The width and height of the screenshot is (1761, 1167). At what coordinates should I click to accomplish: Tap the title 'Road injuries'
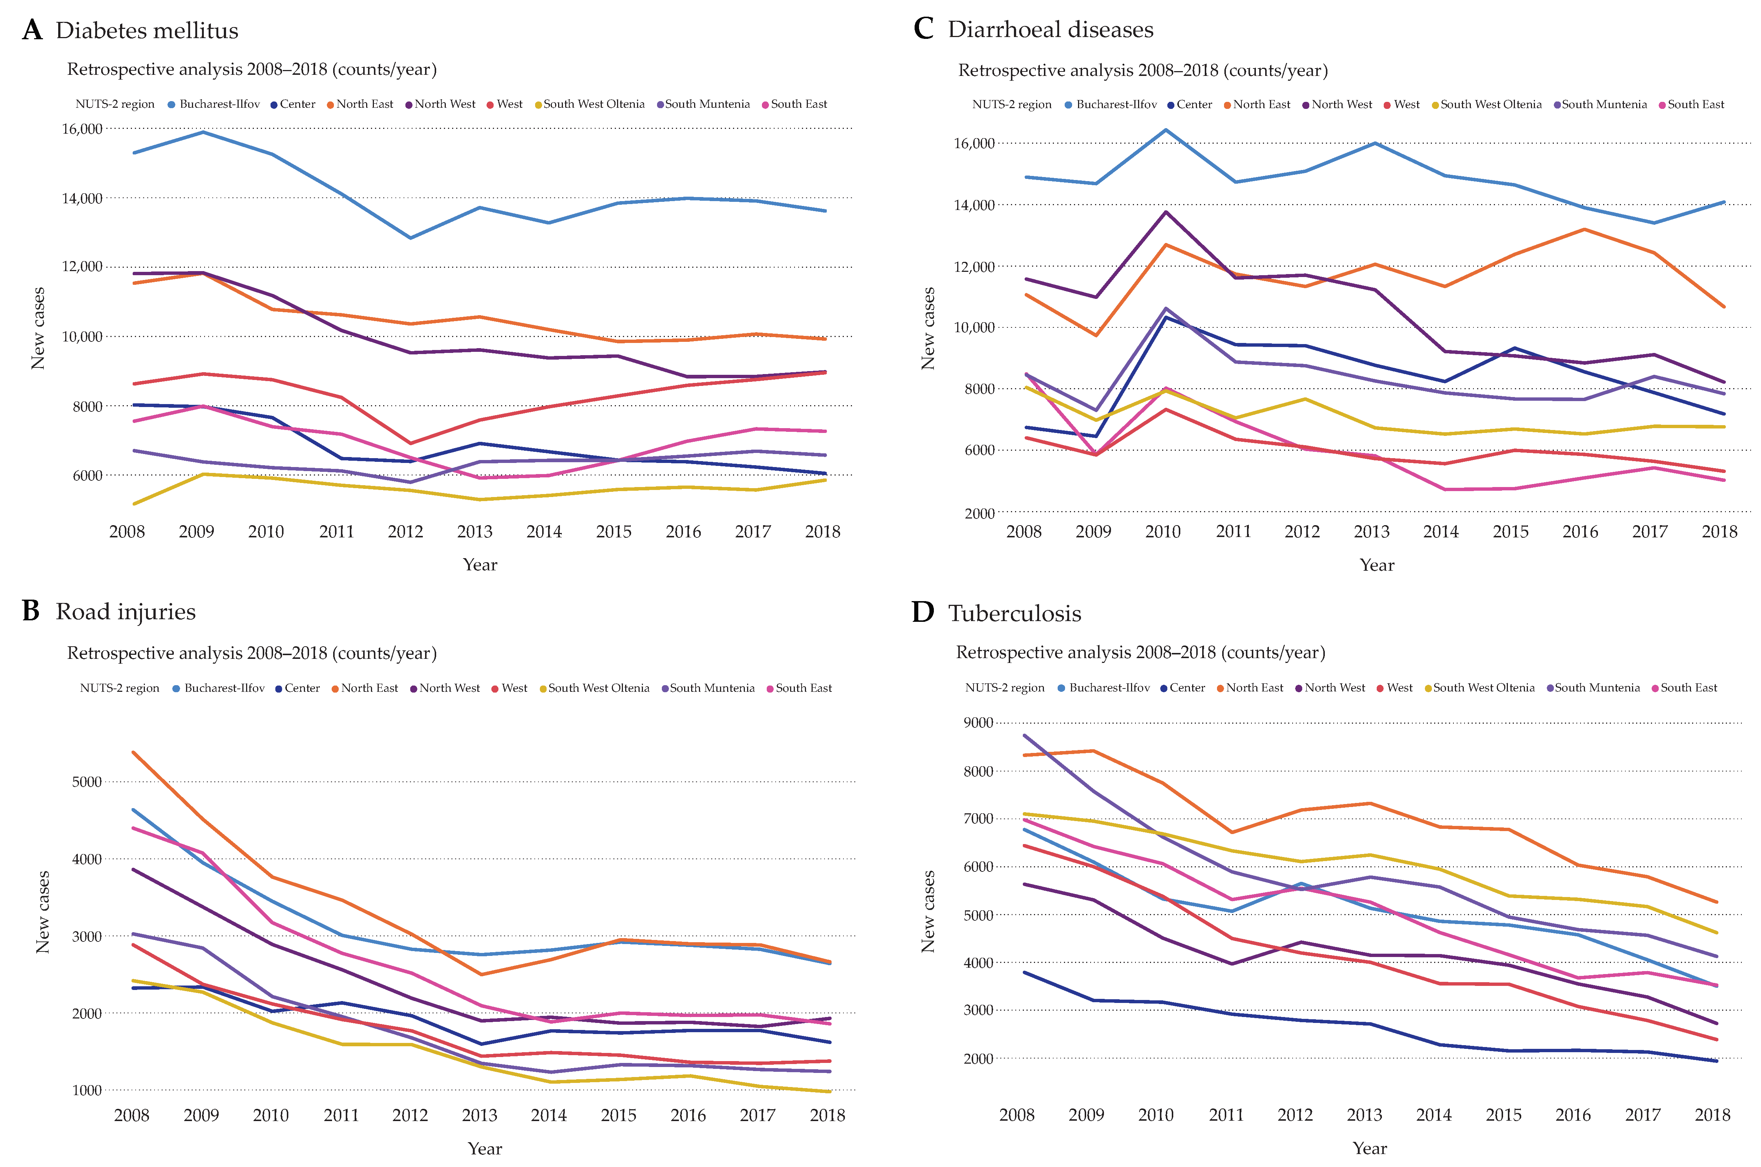coord(126,612)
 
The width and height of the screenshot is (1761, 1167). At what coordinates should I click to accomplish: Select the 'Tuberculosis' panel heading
coord(1014,613)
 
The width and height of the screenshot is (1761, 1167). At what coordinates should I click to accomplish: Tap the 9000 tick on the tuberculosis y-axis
coord(978,723)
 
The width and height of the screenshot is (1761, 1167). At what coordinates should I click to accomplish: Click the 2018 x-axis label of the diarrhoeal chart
coord(1719,531)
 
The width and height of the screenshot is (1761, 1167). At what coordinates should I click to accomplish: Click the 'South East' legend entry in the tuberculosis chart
coord(1684,688)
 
